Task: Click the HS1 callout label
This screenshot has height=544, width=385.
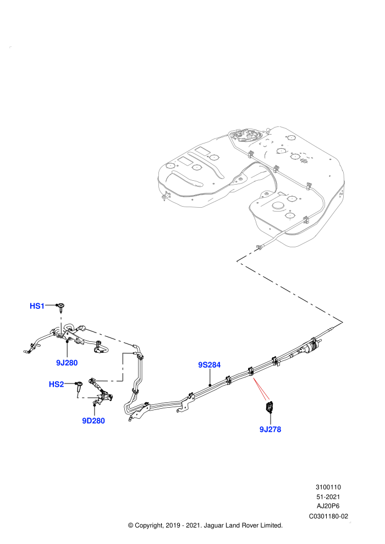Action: pyautogui.click(x=37, y=306)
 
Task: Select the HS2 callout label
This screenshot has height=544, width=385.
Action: pyautogui.click(x=56, y=384)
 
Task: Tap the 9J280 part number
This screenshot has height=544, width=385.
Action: pyautogui.click(x=67, y=363)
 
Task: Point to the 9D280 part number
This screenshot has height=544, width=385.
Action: pyautogui.click(x=94, y=421)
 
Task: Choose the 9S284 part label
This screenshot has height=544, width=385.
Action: pyautogui.click(x=210, y=365)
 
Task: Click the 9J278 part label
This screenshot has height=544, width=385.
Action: pyautogui.click(x=270, y=429)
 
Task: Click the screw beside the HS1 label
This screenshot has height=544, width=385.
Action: pyautogui.click(x=62, y=307)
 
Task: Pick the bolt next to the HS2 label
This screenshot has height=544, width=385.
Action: pyautogui.click(x=80, y=386)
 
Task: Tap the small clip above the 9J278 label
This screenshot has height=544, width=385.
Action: pyautogui.click(x=269, y=406)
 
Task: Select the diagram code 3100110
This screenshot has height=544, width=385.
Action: pyautogui.click(x=328, y=487)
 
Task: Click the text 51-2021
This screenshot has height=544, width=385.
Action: pyautogui.click(x=328, y=497)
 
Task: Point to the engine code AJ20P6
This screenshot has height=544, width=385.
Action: pyautogui.click(x=328, y=507)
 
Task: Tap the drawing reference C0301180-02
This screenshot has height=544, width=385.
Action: pyautogui.click(x=328, y=516)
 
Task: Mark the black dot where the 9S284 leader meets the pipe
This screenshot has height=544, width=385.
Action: pyautogui.click(x=210, y=385)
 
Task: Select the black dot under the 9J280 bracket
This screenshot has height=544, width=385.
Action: pyautogui.click(x=67, y=342)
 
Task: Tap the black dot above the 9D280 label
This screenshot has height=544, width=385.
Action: pyautogui.click(x=94, y=405)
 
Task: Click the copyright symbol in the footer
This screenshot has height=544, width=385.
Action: pyautogui.click(x=131, y=525)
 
